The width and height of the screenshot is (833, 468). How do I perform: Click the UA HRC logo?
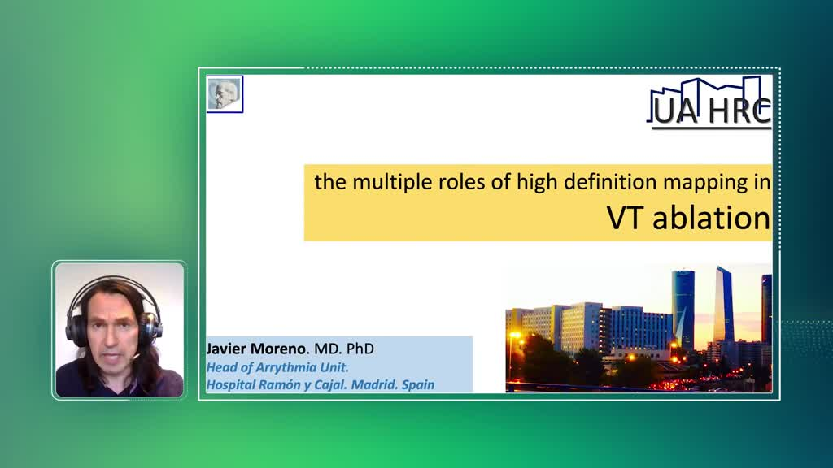click(x=709, y=103)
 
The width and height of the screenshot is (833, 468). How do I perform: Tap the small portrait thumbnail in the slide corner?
click(x=225, y=94)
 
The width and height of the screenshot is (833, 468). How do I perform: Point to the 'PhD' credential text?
click(x=360, y=349)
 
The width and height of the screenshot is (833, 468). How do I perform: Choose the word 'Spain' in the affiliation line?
click(x=418, y=384)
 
